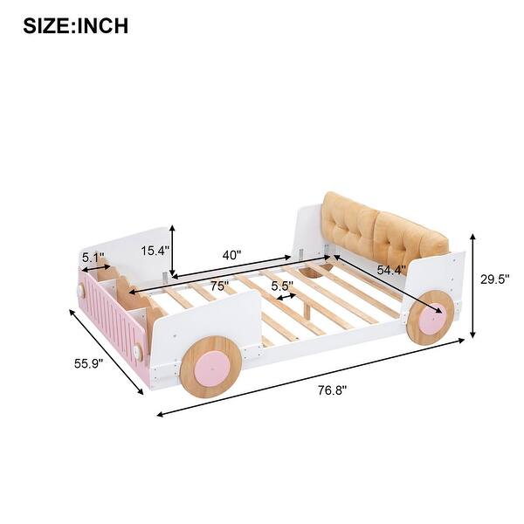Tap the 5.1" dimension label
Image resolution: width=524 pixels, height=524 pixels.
pyautogui.click(x=93, y=259)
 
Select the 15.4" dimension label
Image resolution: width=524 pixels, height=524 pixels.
pyautogui.click(x=155, y=251)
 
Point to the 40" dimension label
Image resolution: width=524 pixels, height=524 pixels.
pyautogui.click(x=231, y=255)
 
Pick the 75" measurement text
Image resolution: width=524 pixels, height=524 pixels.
pyautogui.click(x=219, y=286)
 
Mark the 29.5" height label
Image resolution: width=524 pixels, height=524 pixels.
pyautogui.click(x=494, y=279)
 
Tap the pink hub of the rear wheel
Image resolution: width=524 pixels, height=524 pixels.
pyautogui.click(x=431, y=320)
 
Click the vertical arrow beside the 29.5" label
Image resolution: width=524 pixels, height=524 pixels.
pyautogui.click(x=472, y=286)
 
